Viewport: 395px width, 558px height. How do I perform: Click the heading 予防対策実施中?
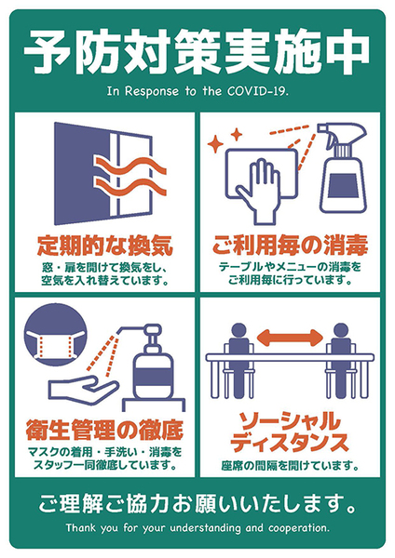point(197,52)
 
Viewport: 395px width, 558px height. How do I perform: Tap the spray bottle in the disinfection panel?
point(342,168)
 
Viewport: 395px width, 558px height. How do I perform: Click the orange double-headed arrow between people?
point(290,338)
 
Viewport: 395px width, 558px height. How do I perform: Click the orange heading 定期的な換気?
point(105,246)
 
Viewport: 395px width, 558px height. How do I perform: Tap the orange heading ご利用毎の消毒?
point(290,246)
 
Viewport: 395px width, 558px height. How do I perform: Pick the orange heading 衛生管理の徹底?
point(105,430)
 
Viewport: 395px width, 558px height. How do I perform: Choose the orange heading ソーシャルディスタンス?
point(290,432)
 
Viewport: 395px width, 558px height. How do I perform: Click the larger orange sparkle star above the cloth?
point(215,144)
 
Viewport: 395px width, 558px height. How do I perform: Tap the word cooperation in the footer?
point(299,528)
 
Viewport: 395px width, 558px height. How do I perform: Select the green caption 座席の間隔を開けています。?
point(290,466)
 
